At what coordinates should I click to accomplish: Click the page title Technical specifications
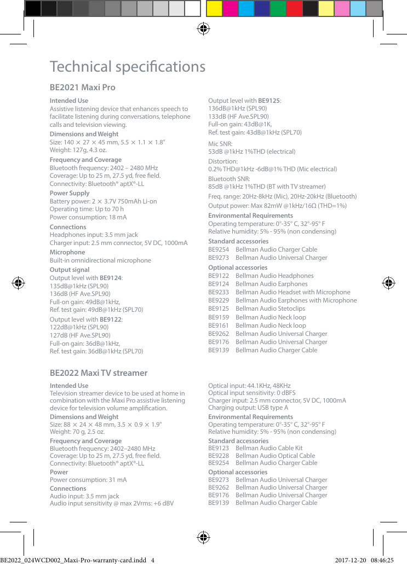pos(127,67)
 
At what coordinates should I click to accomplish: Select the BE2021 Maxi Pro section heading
pos(82,88)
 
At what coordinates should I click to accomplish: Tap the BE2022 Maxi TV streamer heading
pos(99,373)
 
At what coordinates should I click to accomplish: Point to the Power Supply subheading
pos(70,193)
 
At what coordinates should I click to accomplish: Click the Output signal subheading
pos(70,270)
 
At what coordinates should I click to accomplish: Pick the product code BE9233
pos(219,292)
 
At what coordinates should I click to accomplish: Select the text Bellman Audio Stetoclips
pos(270,309)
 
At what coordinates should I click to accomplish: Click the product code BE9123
pos(219,448)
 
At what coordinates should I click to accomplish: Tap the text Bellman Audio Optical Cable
pos(275,456)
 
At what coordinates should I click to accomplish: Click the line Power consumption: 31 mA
pos(88,480)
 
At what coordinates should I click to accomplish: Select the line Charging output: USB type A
pos(248,408)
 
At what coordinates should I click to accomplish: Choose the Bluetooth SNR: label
pos(229,179)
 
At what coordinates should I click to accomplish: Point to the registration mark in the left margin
pos(18,283)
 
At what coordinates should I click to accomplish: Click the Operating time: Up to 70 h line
pos(87,209)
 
